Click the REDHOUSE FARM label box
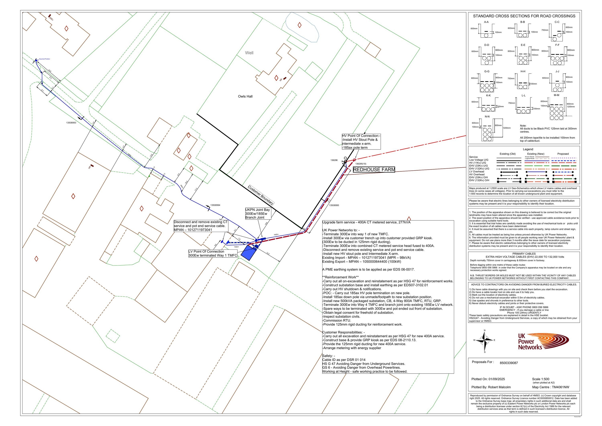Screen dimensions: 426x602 coord(374,170)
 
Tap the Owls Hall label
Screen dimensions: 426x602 coord(245,96)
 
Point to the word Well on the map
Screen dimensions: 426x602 coord(249,53)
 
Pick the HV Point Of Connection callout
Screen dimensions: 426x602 coord(361,142)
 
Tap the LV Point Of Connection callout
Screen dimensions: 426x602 coord(213,253)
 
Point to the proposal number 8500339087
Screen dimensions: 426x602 coord(509,363)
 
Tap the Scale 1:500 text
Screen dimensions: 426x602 coord(540,379)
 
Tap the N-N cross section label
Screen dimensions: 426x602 coord(487,116)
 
